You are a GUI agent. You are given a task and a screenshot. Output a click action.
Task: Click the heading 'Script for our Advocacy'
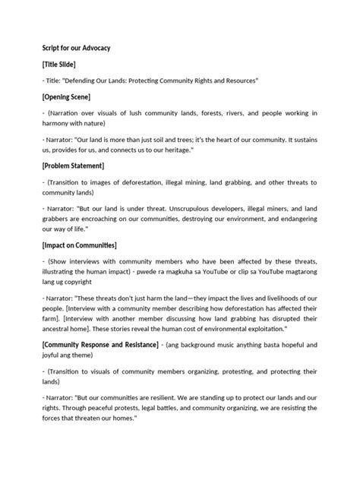76,48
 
